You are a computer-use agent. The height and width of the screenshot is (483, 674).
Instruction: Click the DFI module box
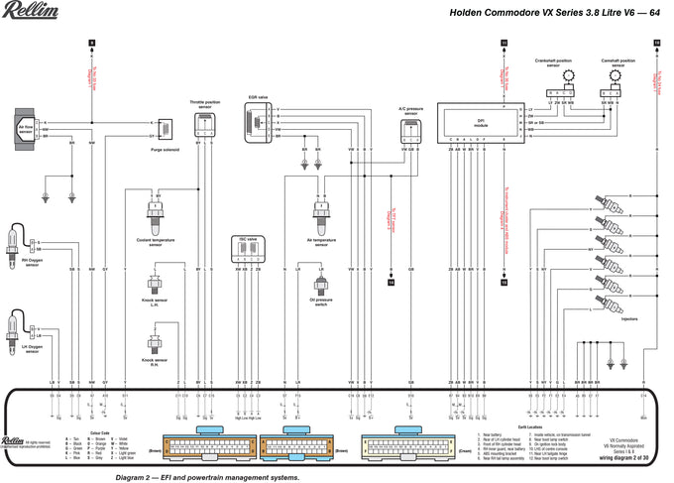click(x=482, y=122)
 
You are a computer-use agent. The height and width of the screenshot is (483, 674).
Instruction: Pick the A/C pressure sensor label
click(x=409, y=109)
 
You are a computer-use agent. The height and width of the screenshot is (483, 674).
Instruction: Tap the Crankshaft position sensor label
click(x=553, y=61)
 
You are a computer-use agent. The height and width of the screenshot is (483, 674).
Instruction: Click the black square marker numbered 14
click(x=392, y=283)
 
